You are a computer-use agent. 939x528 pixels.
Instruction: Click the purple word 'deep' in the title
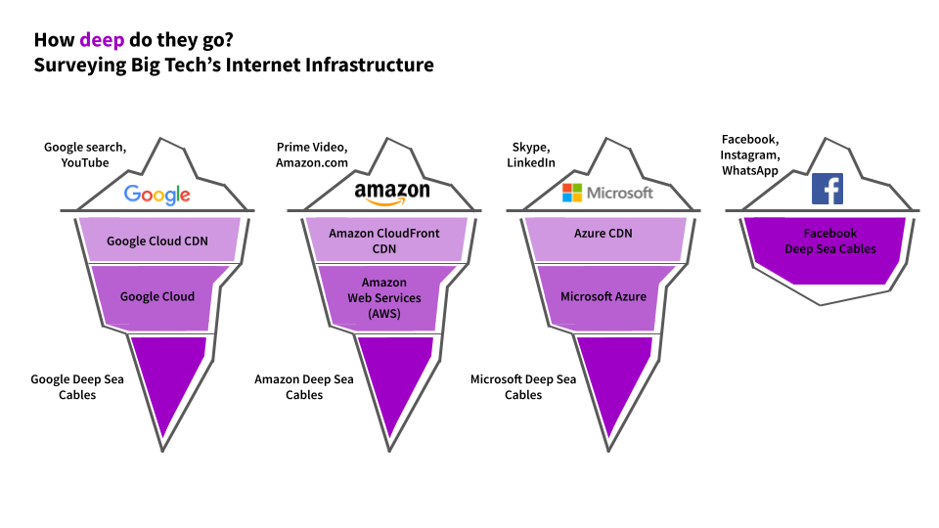pos(102,40)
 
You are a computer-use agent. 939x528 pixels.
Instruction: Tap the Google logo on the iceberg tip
pos(156,195)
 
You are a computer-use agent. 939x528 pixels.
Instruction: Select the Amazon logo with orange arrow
pos(392,194)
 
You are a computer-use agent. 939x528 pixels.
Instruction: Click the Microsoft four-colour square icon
pos(572,193)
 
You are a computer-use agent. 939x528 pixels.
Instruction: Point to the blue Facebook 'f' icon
pos(827,189)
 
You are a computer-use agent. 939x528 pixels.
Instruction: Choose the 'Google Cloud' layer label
pos(157,296)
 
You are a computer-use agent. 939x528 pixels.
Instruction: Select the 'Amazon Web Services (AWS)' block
pos(383,297)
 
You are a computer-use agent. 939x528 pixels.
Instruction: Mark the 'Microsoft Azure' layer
pos(604,296)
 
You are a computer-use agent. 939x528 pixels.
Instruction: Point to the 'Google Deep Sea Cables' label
pos(77,387)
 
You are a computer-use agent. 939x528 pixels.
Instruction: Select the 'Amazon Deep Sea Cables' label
pos(304,387)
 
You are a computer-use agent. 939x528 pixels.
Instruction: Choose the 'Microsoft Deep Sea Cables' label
pos(523,387)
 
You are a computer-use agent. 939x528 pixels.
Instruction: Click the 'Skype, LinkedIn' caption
pos(530,155)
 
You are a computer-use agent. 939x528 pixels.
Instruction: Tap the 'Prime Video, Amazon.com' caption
pos(311,155)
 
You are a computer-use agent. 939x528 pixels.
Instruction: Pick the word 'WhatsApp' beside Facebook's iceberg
pos(750,170)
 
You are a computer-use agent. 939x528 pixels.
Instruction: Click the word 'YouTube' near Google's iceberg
pos(84,163)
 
